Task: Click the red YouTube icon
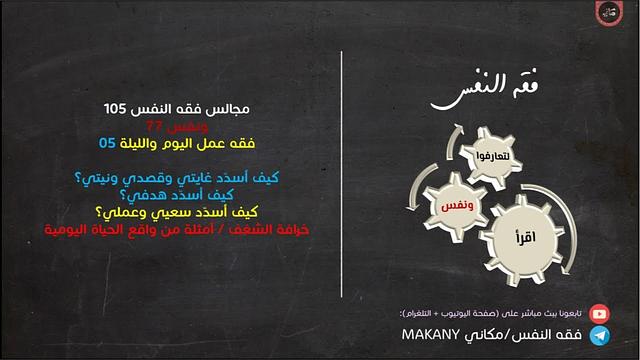(601, 313)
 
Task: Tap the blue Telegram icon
(601, 335)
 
